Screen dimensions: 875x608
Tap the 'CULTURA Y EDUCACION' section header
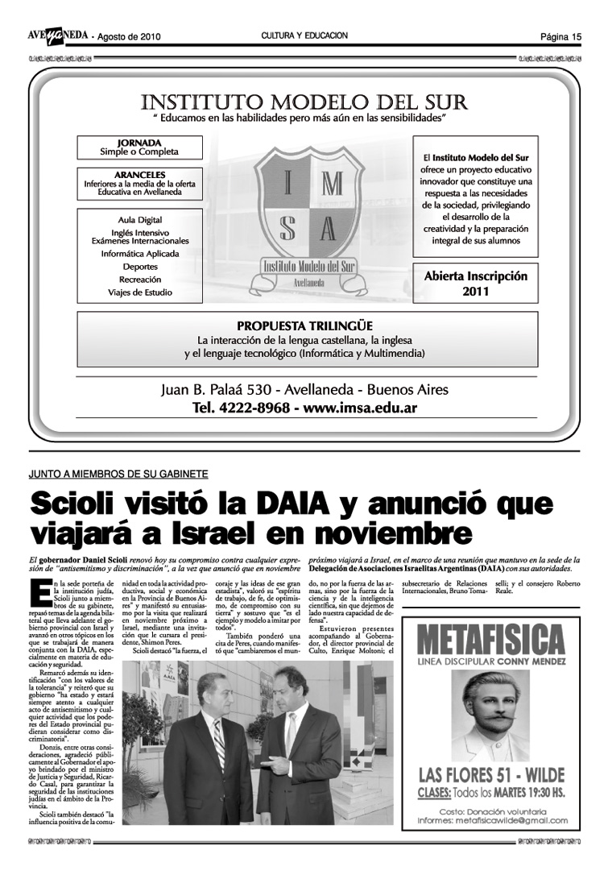(x=304, y=35)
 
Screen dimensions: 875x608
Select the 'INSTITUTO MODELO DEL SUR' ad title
(x=304, y=102)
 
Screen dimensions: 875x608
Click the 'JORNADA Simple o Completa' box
(x=139, y=147)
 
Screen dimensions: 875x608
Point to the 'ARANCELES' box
(x=139, y=183)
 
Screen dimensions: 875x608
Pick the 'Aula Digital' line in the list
(x=139, y=220)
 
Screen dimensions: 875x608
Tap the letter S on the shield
(x=287, y=229)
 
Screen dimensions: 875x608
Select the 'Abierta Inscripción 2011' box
(x=475, y=283)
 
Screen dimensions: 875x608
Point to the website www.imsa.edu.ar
(x=360, y=408)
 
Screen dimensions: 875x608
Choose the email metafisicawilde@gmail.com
(x=515, y=821)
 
